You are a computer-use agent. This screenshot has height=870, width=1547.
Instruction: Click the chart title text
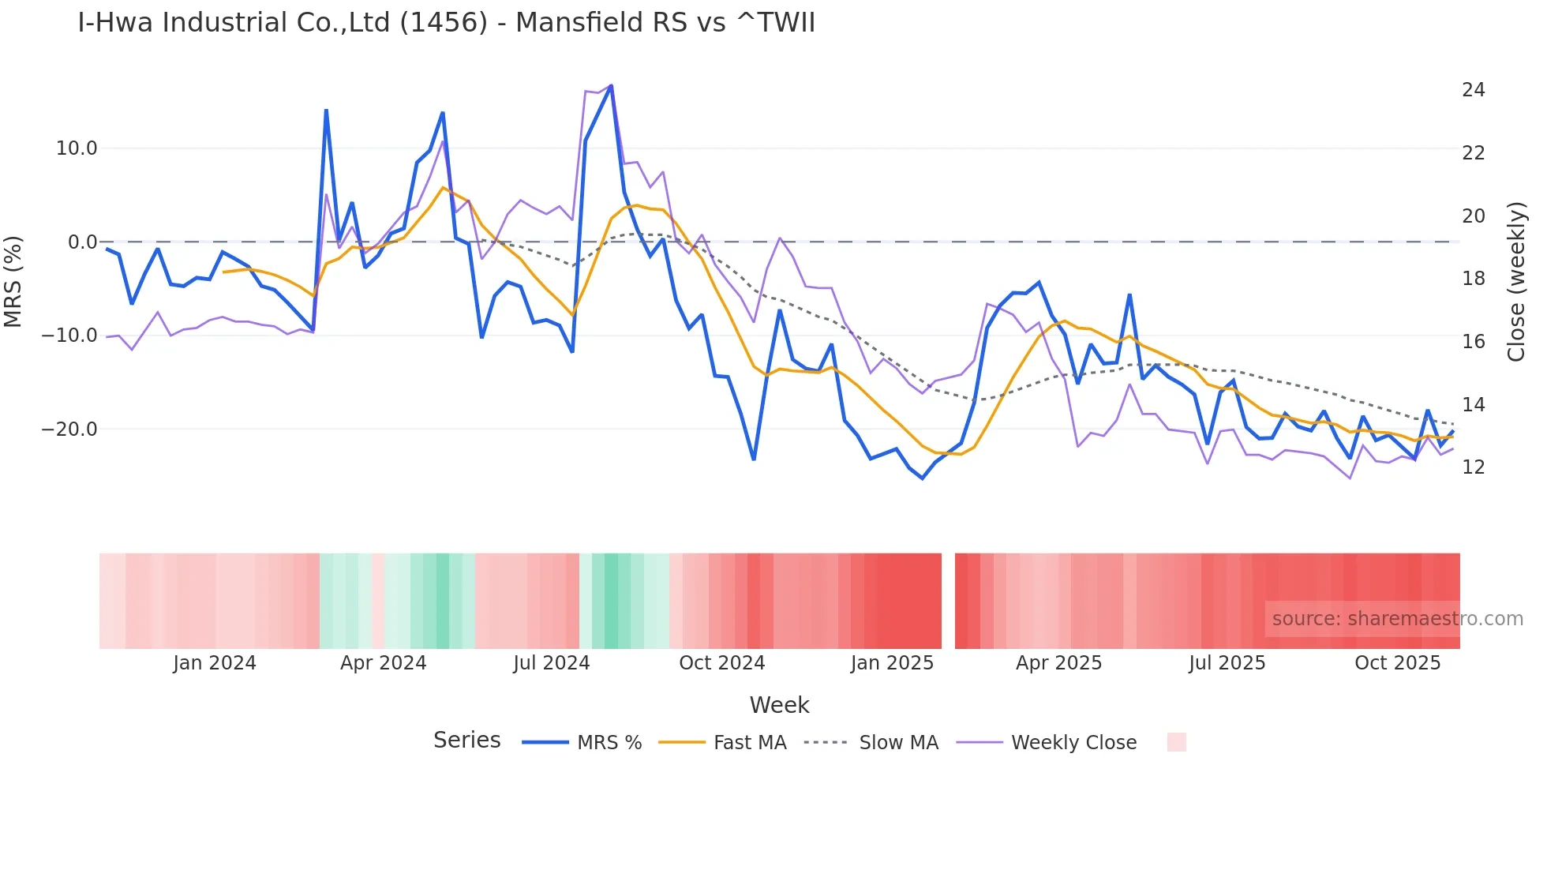[x=446, y=23]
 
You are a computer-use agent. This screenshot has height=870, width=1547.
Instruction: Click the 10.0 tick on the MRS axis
[x=77, y=148]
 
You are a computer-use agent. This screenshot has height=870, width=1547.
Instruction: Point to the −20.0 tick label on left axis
[x=69, y=429]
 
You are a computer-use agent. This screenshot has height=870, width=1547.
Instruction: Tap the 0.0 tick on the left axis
[x=82, y=242]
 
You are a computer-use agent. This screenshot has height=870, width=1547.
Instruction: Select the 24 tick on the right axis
[x=1473, y=90]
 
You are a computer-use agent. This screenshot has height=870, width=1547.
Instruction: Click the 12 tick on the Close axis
[x=1473, y=467]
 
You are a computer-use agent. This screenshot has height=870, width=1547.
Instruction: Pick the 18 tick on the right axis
[x=1473, y=279]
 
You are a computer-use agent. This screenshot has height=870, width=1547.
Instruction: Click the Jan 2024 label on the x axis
[x=215, y=663]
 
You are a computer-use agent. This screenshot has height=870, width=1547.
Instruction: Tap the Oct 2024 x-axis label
[x=721, y=663]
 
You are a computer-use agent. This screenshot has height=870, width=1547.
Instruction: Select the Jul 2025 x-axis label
[x=1227, y=663]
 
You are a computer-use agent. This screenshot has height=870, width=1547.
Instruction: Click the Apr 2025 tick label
[x=1058, y=663]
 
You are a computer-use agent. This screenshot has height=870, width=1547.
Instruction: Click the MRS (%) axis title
[x=13, y=282]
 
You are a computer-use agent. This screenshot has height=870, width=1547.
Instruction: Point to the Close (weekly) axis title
[x=1516, y=282]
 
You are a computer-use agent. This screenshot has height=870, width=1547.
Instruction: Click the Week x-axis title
[x=779, y=705]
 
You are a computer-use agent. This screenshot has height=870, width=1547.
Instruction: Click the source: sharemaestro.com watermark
[x=1397, y=619]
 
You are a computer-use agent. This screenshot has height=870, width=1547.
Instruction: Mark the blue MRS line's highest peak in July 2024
[x=611, y=86]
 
